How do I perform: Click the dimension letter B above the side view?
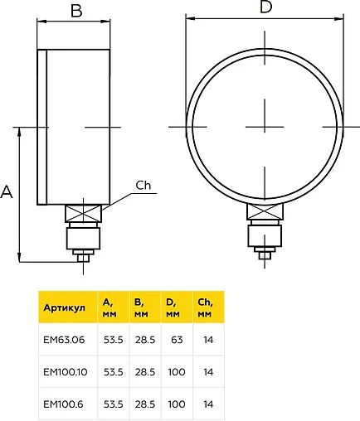point(76,11)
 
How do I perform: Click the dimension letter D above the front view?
point(266,7)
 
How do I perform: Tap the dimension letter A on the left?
point(7,192)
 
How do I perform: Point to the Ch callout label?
point(144,186)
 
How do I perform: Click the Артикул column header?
point(64,307)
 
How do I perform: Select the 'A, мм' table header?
point(109,307)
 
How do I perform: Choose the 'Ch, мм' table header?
point(205,307)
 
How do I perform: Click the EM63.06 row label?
point(64,340)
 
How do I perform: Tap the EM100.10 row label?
point(66,372)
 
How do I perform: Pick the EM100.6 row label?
point(63,404)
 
